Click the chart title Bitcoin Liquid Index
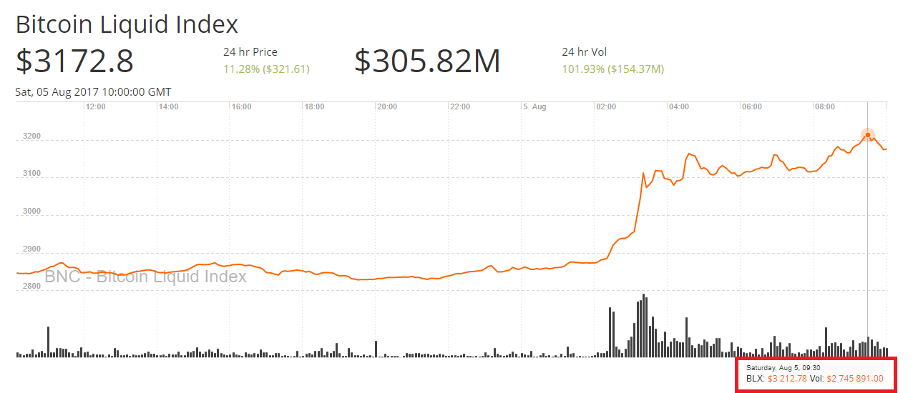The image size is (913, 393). pos(127,25)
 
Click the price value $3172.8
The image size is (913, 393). pos(74,61)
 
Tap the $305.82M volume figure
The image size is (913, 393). pos(427,61)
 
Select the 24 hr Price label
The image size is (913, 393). pos(250,52)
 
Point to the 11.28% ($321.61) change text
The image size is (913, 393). pos(266,69)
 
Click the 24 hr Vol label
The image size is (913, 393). pos(584,52)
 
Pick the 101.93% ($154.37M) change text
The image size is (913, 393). pos(613,69)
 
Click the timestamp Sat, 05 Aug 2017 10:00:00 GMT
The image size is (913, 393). pos(93,92)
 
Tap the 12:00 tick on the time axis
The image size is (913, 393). pos(96,107)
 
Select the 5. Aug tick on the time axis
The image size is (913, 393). pos(534,107)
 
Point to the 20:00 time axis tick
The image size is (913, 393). pos(387,107)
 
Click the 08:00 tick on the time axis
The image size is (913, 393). pos(825,107)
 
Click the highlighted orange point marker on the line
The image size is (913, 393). pos(868,134)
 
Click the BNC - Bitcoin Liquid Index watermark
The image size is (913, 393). pos(146,277)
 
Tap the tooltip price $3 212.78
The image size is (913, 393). pos(787,379)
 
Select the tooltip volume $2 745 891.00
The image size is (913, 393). pos(855,379)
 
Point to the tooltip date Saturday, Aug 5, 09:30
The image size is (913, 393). pos(783,367)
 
